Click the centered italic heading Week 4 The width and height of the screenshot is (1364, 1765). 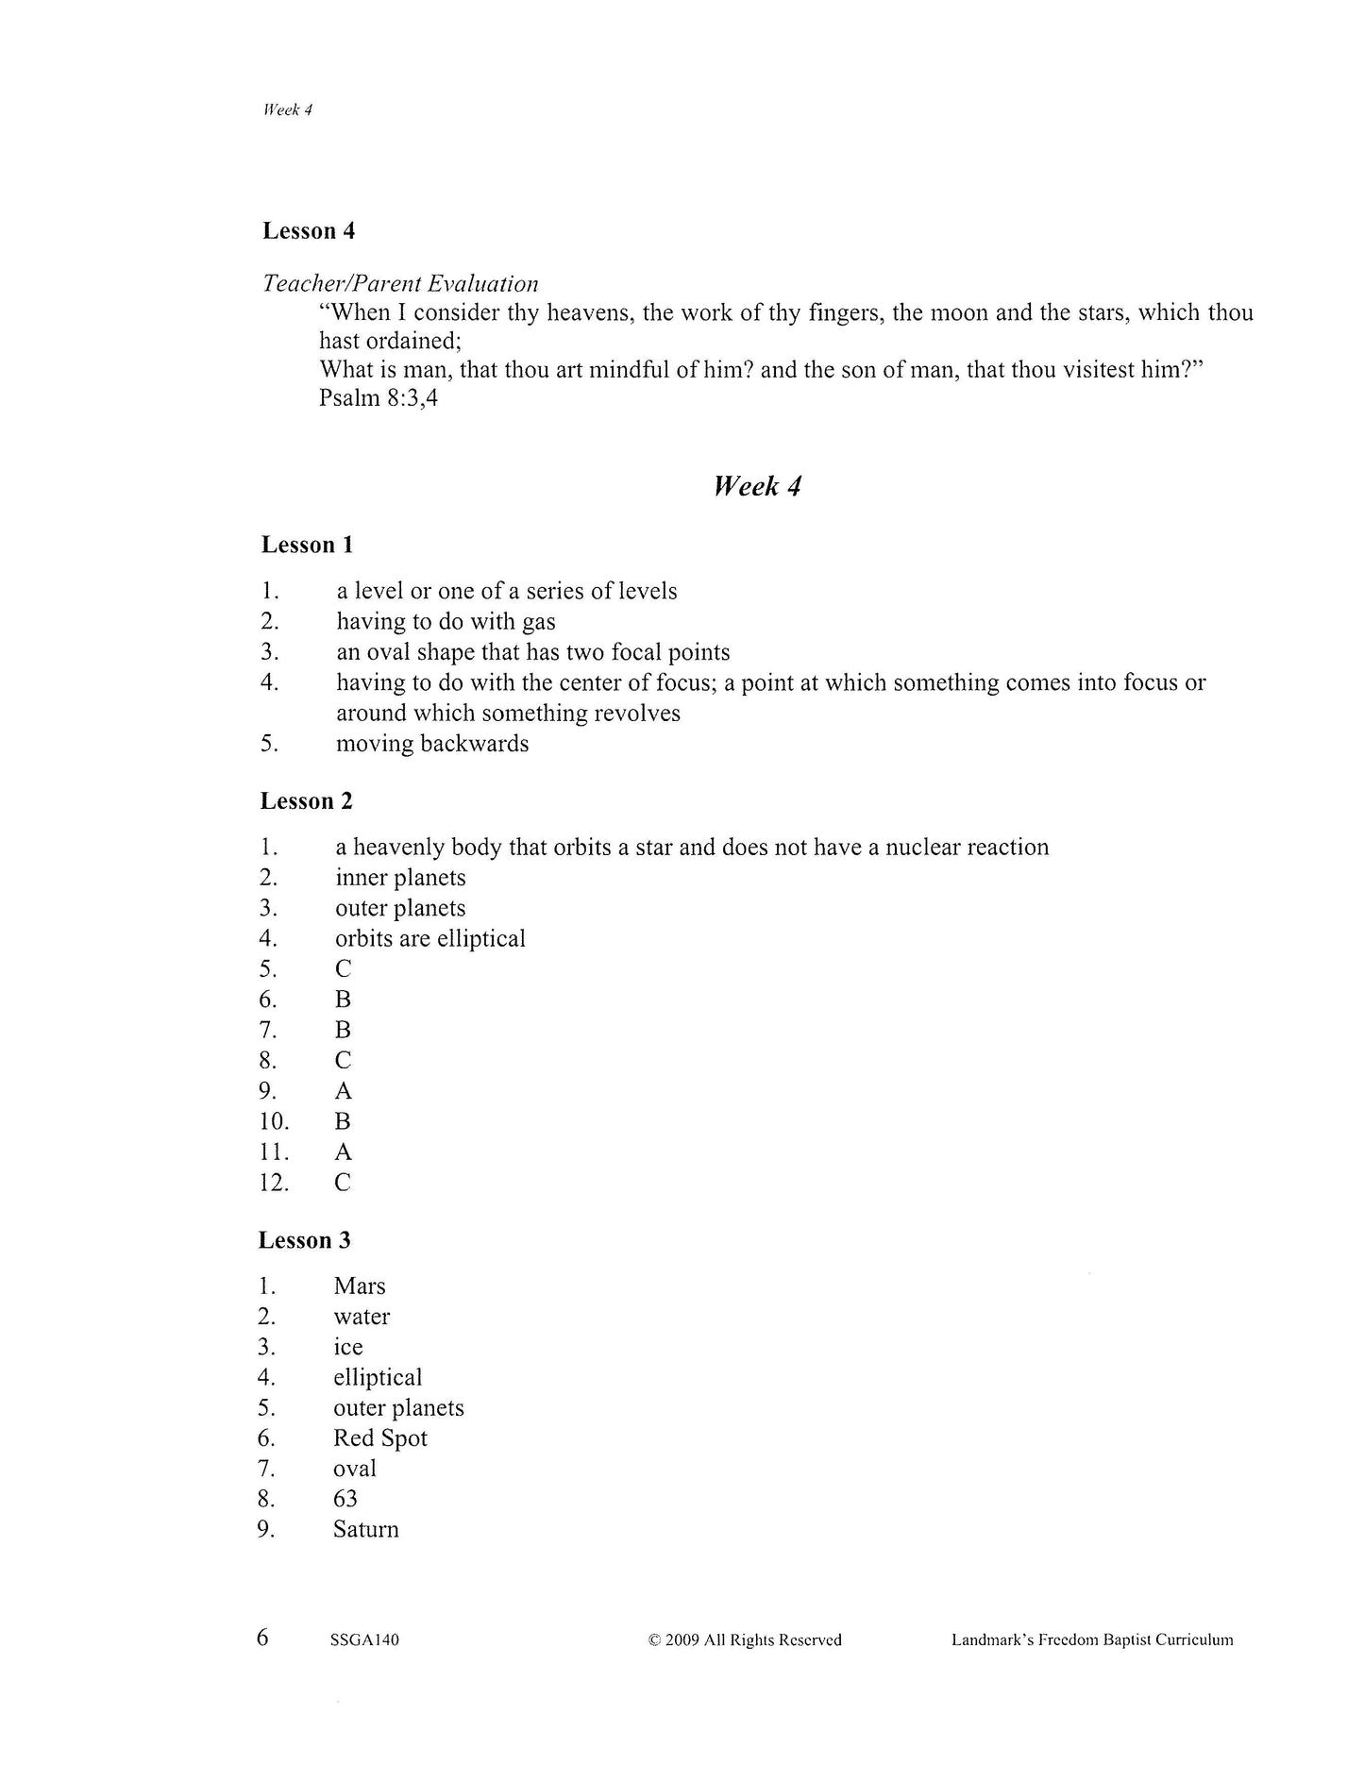click(x=757, y=487)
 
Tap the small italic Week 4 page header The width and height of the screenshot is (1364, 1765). click(x=288, y=109)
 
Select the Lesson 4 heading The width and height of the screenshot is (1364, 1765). click(x=309, y=231)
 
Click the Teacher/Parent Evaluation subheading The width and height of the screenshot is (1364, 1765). click(x=400, y=284)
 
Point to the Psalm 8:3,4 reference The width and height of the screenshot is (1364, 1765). click(x=379, y=398)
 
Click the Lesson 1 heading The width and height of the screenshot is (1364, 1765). click(x=307, y=545)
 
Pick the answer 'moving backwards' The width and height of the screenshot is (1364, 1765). click(x=432, y=744)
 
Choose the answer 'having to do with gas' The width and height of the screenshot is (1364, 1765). click(x=446, y=622)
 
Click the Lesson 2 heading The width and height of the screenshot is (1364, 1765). click(x=307, y=801)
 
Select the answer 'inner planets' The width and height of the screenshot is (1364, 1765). click(x=400, y=878)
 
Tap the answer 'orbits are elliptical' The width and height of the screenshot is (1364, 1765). click(x=429, y=939)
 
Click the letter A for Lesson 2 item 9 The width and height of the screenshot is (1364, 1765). click(x=343, y=1091)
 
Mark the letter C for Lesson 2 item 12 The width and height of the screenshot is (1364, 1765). click(x=343, y=1183)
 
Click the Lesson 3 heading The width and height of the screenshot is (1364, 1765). click(x=305, y=1240)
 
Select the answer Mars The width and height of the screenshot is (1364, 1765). click(x=360, y=1286)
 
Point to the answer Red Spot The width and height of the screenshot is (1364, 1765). click(x=380, y=1438)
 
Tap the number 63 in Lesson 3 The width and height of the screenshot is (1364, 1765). click(x=345, y=1499)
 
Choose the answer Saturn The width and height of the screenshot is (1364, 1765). click(x=366, y=1530)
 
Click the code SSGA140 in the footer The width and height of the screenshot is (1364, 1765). click(x=364, y=1640)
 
